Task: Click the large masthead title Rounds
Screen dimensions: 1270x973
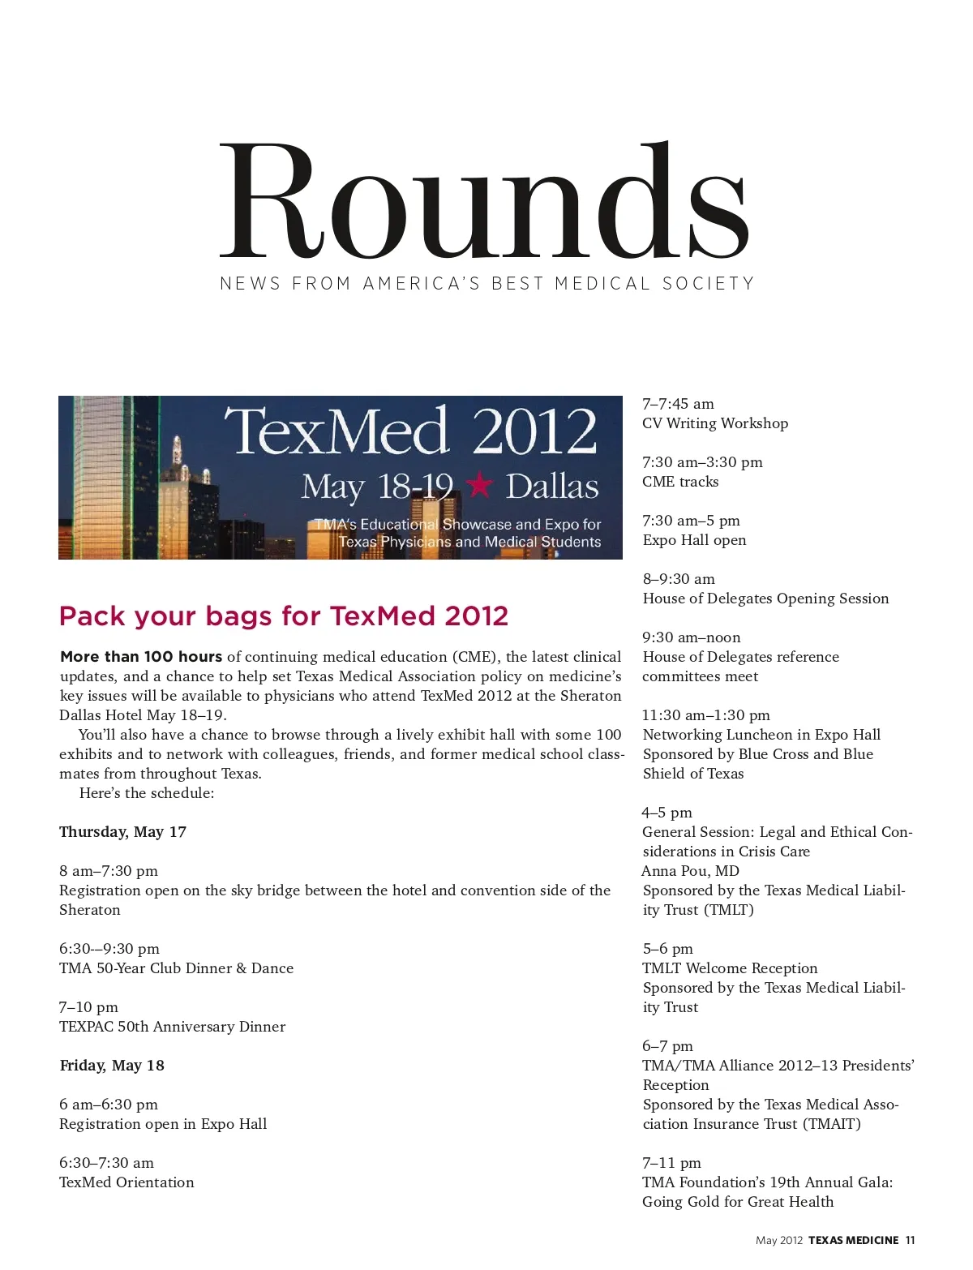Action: [x=485, y=200]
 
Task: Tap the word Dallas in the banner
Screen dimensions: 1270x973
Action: [x=552, y=487]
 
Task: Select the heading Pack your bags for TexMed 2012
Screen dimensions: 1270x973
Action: [x=284, y=616]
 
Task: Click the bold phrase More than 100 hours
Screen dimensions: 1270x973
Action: [x=141, y=657]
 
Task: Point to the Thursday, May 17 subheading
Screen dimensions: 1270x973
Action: [x=122, y=832]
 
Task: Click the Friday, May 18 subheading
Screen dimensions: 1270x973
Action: [x=112, y=1066]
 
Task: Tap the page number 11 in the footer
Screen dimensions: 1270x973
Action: [x=911, y=1240]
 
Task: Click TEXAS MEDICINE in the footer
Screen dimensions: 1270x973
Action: [x=853, y=1240]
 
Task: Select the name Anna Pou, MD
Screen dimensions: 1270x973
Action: [x=691, y=871]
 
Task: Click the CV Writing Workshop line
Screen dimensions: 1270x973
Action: [x=715, y=423]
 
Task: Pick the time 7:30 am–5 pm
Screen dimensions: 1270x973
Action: [x=691, y=521]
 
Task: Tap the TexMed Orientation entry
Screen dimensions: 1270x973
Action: [x=126, y=1182]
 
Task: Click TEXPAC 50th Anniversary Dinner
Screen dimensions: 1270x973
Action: [x=172, y=1027]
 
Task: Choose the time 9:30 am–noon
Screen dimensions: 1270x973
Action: [x=692, y=637]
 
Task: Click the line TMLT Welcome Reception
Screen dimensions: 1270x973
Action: [x=730, y=968]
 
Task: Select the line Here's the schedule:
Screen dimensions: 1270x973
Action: [x=147, y=793]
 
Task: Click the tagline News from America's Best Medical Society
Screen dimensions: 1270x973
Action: [x=486, y=284]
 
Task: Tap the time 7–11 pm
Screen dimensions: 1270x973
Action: [x=671, y=1163]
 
